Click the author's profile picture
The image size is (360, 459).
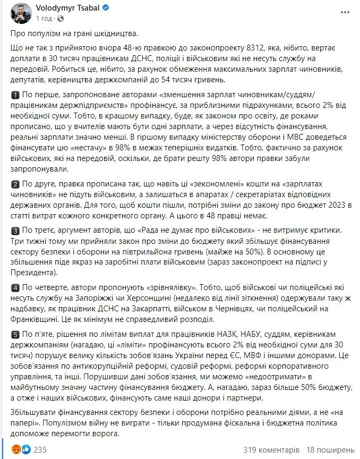coord(21,13)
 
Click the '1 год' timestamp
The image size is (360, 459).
coord(44,18)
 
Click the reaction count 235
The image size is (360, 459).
coord(40,449)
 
